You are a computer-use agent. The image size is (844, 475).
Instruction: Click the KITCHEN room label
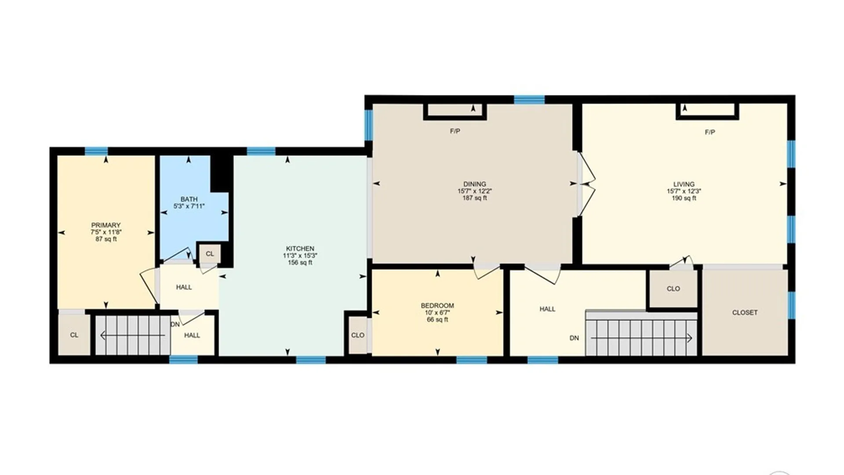click(300, 248)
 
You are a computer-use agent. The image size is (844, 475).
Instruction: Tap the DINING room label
click(474, 184)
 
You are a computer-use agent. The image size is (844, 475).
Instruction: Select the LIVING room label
click(684, 184)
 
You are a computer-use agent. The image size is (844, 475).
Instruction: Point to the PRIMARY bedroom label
click(106, 225)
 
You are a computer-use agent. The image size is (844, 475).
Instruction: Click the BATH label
click(189, 199)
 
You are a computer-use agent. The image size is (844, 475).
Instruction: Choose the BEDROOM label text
click(437, 306)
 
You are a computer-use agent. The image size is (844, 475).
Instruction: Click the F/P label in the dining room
click(455, 131)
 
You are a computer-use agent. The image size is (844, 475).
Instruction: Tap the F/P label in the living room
click(709, 132)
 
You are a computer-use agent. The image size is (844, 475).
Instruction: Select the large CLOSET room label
click(745, 313)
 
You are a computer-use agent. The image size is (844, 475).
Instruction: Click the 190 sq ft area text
click(684, 198)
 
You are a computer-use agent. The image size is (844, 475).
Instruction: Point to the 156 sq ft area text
click(300, 263)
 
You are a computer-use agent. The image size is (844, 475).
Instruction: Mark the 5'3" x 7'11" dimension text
click(189, 206)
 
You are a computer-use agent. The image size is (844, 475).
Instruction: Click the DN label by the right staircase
click(574, 338)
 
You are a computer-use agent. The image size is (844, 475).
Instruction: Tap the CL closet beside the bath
click(210, 254)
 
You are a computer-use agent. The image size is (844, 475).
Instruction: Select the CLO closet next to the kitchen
click(357, 335)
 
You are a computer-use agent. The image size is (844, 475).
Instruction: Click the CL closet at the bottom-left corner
click(74, 335)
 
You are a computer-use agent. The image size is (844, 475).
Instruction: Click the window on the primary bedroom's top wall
click(96, 151)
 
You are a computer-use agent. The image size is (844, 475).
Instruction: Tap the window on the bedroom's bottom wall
click(471, 360)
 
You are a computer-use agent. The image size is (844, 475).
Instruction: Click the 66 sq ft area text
click(437, 320)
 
